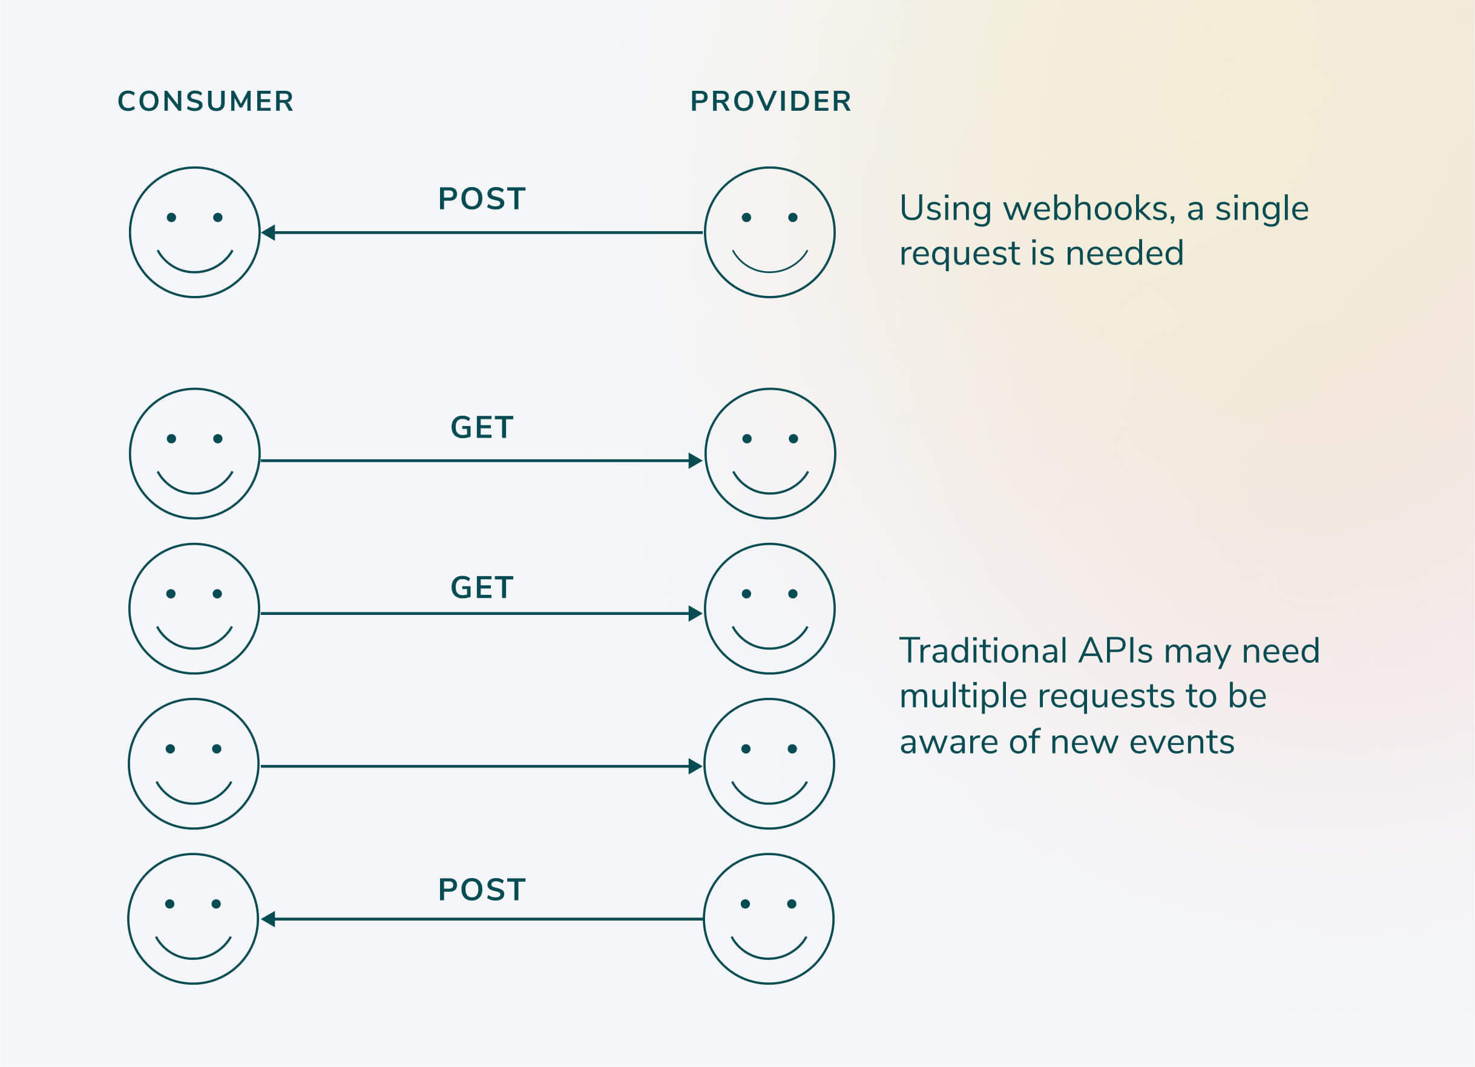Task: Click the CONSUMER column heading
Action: [x=206, y=102]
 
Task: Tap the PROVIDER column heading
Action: [x=770, y=102]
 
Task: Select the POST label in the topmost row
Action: [x=482, y=199]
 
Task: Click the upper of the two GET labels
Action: [x=482, y=427]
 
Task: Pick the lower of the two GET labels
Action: [x=482, y=588]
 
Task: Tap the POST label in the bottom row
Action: [x=482, y=890]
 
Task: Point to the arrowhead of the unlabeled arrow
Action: [x=695, y=767]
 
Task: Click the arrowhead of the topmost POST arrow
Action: [x=268, y=232]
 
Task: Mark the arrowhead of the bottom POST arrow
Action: [x=268, y=919]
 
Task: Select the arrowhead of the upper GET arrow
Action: [x=695, y=461]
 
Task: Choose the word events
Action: [x=1181, y=743]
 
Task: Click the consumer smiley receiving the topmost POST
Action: [x=195, y=232]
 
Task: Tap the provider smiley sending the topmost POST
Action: [x=770, y=232]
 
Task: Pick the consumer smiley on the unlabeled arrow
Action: [x=194, y=764]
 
